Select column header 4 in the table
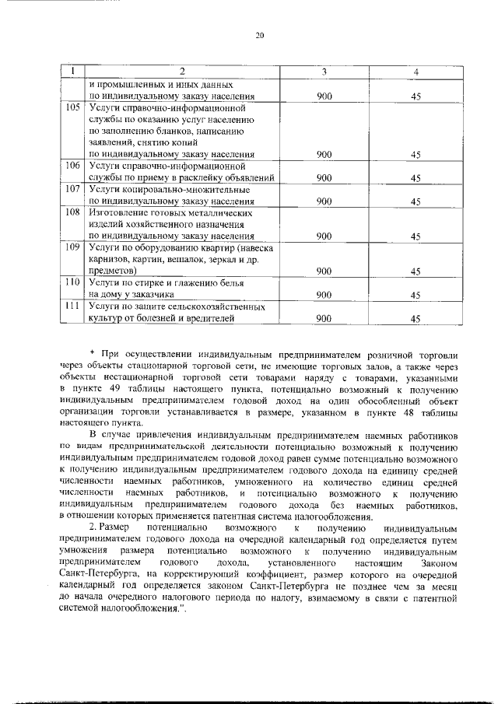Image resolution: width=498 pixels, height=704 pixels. click(416, 72)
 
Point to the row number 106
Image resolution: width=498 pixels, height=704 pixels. click(73, 166)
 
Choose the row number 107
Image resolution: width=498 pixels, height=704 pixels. click(73, 189)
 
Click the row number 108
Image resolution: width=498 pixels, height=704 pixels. click(73, 212)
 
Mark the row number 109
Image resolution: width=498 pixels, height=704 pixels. click(73, 247)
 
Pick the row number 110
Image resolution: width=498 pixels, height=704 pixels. click(73, 283)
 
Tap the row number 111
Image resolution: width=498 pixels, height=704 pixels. click(73, 306)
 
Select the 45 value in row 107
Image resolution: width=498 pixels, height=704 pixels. click(416, 201)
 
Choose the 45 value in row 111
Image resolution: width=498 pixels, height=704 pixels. click(416, 318)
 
